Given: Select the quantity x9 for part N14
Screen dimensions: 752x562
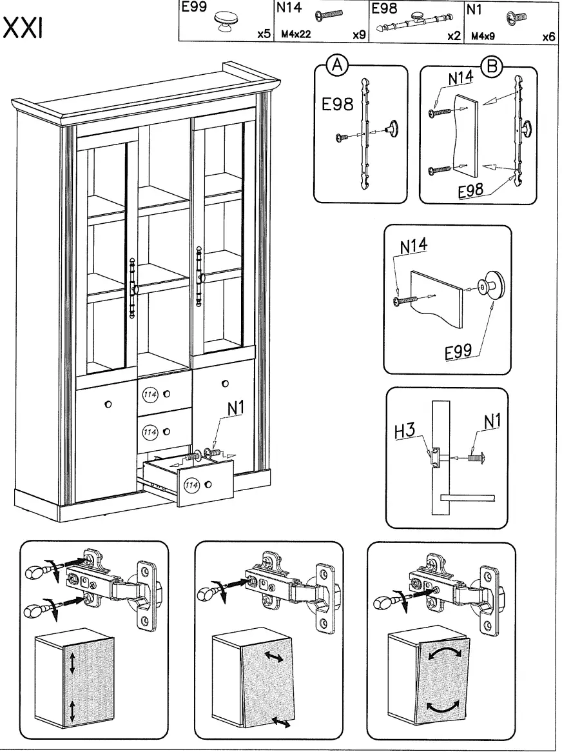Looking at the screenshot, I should (x=359, y=35).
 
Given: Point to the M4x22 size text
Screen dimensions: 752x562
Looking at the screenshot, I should (x=296, y=35).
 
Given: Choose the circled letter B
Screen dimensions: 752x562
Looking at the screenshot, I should (x=494, y=64).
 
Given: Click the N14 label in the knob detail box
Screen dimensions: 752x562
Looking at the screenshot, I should (x=412, y=247).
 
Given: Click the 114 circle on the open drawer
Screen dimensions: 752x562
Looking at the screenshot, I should (x=191, y=484).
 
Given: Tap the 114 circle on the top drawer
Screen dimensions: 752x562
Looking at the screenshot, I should (x=150, y=394).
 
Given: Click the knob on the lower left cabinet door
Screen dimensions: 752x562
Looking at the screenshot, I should (x=108, y=404).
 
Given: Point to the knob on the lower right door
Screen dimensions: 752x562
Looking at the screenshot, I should (x=224, y=384).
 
